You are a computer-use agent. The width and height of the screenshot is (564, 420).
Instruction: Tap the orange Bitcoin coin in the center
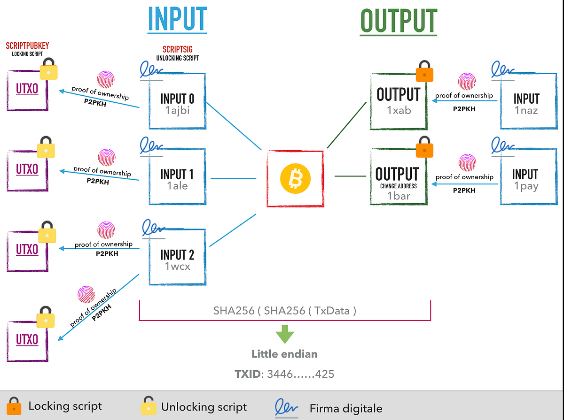click(x=295, y=179)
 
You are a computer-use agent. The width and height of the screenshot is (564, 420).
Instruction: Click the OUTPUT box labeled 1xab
click(x=398, y=100)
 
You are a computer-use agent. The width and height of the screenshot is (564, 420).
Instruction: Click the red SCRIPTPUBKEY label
click(x=27, y=46)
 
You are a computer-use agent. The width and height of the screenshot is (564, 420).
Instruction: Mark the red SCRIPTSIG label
click(x=177, y=49)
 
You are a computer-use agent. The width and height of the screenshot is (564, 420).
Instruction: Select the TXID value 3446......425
click(x=300, y=374)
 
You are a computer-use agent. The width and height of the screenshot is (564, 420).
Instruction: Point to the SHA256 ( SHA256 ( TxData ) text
click(x=285, y=310)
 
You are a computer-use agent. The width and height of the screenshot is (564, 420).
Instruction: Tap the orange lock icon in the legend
click(x=14, y=406)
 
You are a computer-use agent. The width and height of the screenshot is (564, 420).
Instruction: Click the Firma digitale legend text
click(x=345, y=408)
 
